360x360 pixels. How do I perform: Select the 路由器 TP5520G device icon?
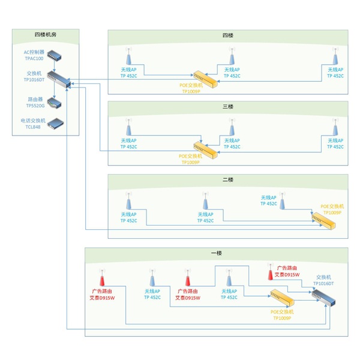click(55, 102)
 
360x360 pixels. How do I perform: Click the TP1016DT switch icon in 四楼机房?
click(60, 79)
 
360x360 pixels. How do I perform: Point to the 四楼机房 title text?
click(45, 35)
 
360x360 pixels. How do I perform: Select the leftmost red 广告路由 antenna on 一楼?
click(102, 279)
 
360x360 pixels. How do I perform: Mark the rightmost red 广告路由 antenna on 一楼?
click(270, 274)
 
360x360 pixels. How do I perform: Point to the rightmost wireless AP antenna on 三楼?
click(335, 128)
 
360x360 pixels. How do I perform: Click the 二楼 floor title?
click(227, 179)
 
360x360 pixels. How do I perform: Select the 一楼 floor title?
click(216, 253)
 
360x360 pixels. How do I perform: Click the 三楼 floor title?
click(227, 107)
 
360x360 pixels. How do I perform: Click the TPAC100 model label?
click(34, 59)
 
